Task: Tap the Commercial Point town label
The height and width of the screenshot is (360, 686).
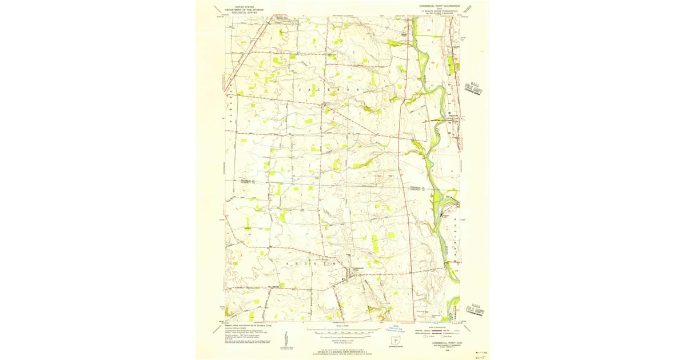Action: tap(358, 269)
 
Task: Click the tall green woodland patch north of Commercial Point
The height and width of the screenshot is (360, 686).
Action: tap(374, 243)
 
